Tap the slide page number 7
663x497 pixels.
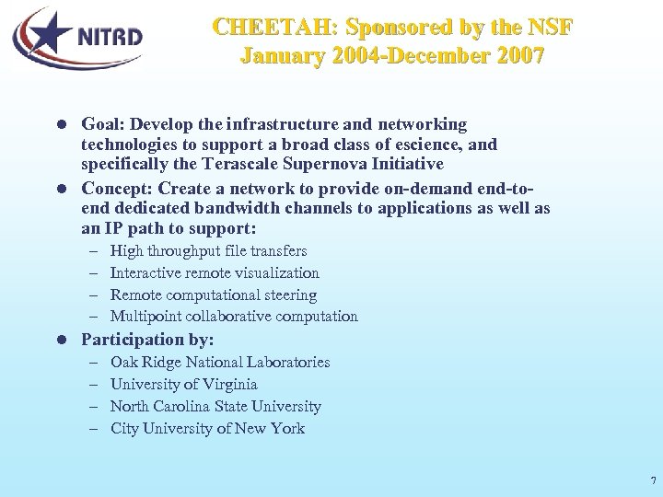tap(653, 480)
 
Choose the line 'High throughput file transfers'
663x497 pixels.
tap(208, 250)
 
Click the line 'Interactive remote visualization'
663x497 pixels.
tap(215, 272)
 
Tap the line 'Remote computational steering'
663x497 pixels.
tap(213, 295)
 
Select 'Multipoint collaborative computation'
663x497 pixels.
tap(234, 317)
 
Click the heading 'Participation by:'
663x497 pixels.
tap(147, 340)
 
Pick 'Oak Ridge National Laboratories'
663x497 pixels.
tap(220, 363)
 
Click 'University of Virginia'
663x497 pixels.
tap(183, 384)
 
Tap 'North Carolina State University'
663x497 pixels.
tap(215, 406)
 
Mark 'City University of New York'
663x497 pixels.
tap(207, 428)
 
